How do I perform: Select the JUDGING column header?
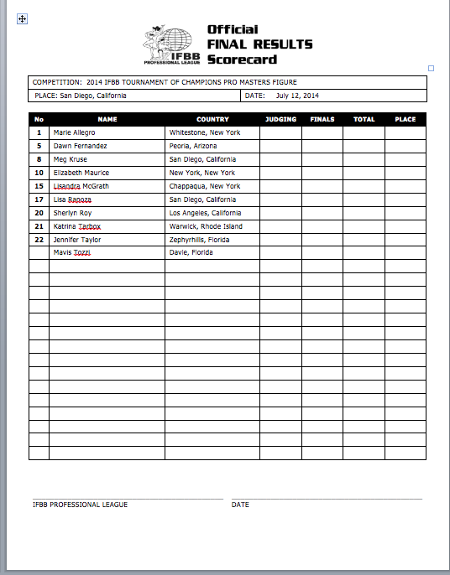click(x=280, y=119)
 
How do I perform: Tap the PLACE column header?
click(x=406, y=119)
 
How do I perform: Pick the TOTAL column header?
click(x=364, y=119)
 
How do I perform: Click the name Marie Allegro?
click(x=75, y=132)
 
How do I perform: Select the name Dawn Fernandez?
click(x=80, y=146)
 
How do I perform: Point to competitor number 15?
click(x=39, y=186)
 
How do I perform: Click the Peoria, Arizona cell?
click(x=193, y=146)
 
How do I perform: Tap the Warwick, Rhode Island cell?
click(x=206, y=226)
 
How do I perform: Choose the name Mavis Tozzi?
click(x=71, y=252)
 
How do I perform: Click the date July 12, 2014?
click(x=297, y=96)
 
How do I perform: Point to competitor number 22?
click(x=39, y=240)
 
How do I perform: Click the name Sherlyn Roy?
click(x=73, y=213)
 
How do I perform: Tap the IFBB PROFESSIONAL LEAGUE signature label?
click(x=80, y=505)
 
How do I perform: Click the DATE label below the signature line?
click(x=240, y=505)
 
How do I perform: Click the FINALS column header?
click(x=322, y=119)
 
